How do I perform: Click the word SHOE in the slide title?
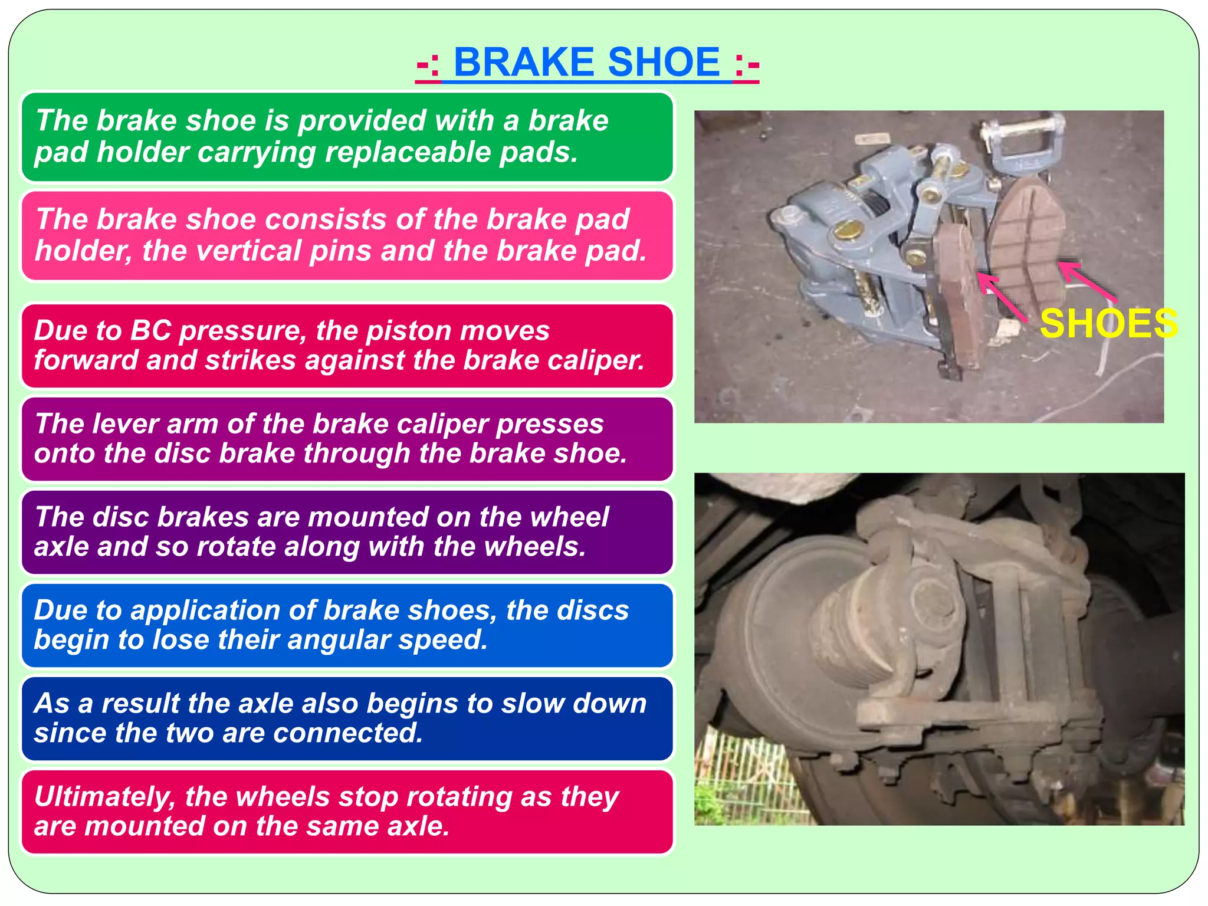click(x=663, y=62)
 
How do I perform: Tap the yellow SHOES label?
click(x=1108, y=323)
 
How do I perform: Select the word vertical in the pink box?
click(x=248, y=251)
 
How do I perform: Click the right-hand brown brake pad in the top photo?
click(x=1026, y=242)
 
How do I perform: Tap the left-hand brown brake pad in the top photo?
click(x=958, y=295)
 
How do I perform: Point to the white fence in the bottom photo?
click(x=743, y=779)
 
